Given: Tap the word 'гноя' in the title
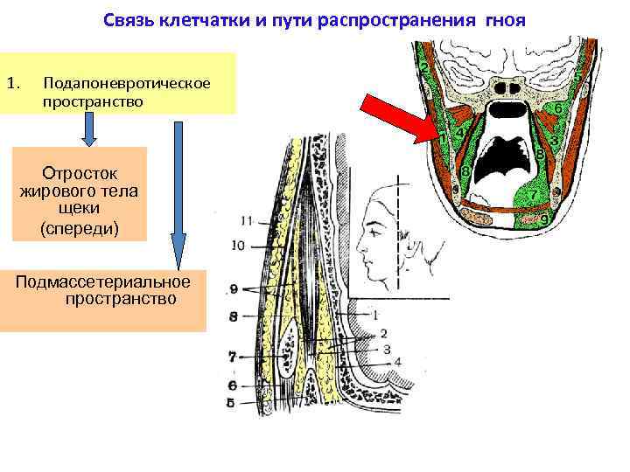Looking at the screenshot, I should (502, 19).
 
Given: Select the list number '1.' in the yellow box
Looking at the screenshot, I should (12, 84).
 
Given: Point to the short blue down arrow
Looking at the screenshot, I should (89, 130).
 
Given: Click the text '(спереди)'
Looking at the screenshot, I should (81, 227).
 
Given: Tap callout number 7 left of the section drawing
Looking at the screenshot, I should (232, 356).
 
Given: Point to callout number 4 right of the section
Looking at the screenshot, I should (398, 361).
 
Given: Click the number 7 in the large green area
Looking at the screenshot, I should (531, 195).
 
